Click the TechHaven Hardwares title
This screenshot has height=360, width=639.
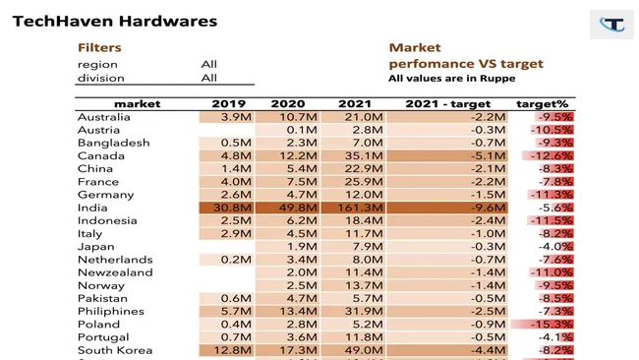pos(115,20)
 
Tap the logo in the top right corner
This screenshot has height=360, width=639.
pos(611,24)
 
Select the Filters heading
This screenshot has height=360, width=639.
pos(100,47)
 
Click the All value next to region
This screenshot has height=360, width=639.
pos(209,64)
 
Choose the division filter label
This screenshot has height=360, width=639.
pos(100,78)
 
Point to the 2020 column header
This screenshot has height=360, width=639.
pos(288,103)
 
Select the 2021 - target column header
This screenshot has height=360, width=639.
pos(447,103)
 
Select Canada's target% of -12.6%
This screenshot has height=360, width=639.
pos(551,155)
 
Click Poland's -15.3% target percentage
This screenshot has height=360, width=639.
pos(551,324)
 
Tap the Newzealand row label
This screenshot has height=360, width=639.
pos(115,272)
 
